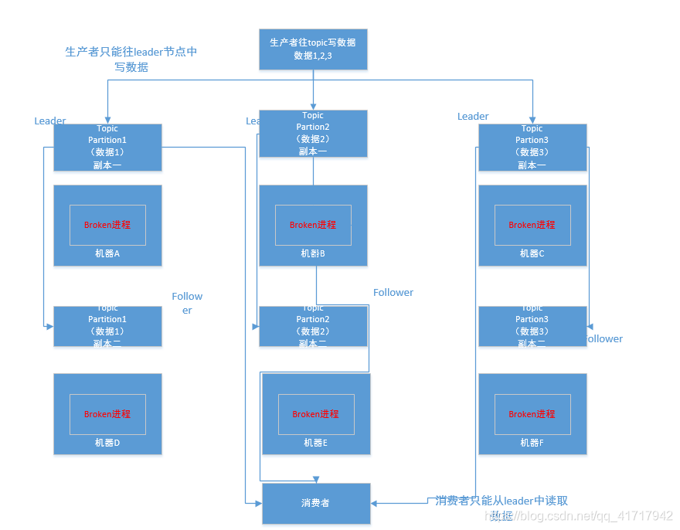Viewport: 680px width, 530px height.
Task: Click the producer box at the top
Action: (x=313, y=49)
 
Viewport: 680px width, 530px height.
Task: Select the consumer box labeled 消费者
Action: (x=316, y=503)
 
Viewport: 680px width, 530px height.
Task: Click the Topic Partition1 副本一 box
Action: (x=107, y=147)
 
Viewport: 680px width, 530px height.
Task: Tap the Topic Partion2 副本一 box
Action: (x=313, y=133)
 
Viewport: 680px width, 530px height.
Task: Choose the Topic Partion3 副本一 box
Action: (x=532, y=147)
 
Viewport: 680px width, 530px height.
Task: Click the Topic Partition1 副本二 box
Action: (x=107, y=326)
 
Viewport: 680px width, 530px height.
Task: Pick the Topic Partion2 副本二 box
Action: (x=313, y=326)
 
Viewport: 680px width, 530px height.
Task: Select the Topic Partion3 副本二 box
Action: (x=532, y=326)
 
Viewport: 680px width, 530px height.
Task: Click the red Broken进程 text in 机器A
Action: (x=107, y=225)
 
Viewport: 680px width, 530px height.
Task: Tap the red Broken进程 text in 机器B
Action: (x=313, y=225)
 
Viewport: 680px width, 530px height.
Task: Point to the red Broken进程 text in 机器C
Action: (x=532, y=225)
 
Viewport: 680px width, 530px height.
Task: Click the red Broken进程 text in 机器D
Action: (x=107, y=414)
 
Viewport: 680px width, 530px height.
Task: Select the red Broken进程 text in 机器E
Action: (x=316, y=414)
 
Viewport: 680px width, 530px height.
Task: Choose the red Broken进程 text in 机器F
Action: (x=532, y=414)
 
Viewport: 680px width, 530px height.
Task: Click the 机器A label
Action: (x=107, y=253)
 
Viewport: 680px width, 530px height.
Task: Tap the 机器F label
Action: (x=532, y=443)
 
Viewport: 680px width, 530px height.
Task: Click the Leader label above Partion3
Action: (x=473, y=117)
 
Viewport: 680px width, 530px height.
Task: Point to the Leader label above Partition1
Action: (x=50, y=121)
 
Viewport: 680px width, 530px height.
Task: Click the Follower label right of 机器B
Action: (x=393, y=293)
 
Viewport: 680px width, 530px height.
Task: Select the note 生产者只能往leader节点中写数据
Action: (x=131, y=59)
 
